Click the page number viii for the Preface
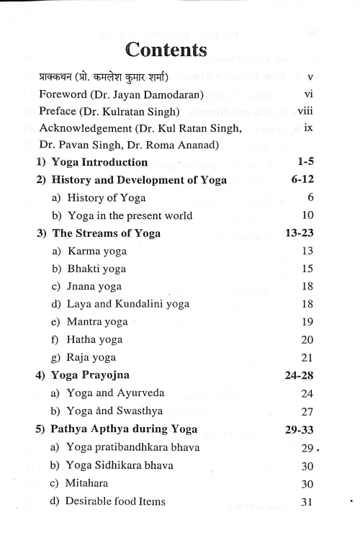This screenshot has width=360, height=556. pos(307,112)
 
